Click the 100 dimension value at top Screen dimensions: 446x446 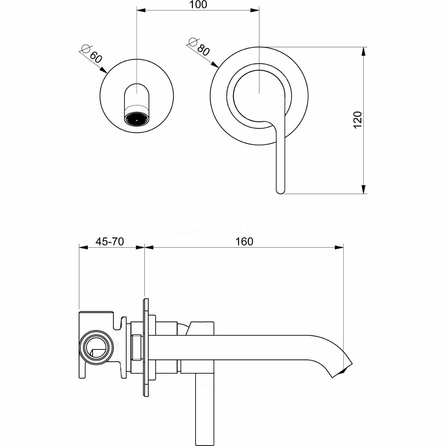pyautogui.click(x=198, y=5)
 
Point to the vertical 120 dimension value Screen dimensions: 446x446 pyautogui.click(x=358, y=120)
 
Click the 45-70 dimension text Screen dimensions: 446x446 pyautogui.click(x=110, y=242)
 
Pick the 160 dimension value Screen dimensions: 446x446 pyautogui.click(x=244, y=242)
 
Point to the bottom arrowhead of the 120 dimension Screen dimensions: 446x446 pyautogui.click(x=363, y=190)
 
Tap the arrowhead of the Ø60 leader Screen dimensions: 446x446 pyautogui.click(x=104, y=70)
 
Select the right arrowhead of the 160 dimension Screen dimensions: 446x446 pyautogui.click(x=339, y=247)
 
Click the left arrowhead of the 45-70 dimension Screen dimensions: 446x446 pyautogui.click(x=83, y=247)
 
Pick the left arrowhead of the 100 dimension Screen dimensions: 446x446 pyautogui.click(x=141, y=11)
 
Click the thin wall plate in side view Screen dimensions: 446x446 pyautogui.click(x=146, y=347)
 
